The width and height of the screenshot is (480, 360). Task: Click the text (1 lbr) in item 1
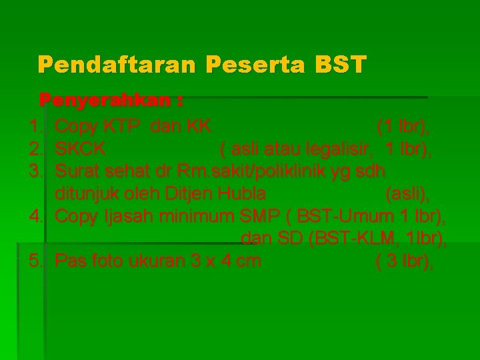pyautogui.click(x=403, y=125)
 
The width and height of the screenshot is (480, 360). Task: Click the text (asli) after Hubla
pyautogui.click(x=407, y=193)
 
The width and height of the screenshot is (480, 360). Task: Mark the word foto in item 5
pyautogui.click(x=103, y=261)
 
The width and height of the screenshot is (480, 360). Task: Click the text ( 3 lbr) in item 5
pyautogui.click(x=405, y=261)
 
